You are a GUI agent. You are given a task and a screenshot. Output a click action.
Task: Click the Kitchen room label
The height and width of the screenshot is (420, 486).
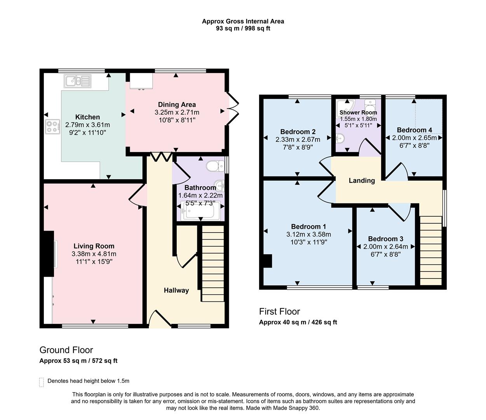pyautogui.click(x=87, y=117)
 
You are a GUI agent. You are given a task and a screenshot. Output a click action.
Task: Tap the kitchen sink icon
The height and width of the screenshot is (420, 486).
pyautogui.click(x=78, y=81)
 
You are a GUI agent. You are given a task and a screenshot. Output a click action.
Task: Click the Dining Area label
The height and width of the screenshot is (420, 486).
pyautogui.click(x=177, y=105)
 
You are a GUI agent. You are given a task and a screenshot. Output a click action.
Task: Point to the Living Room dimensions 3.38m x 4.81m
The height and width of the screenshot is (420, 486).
pyautogui.click(x=94, y=254)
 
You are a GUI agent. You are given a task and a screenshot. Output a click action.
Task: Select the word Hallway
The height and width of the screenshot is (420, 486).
pyautogui.click(x=176, y=290)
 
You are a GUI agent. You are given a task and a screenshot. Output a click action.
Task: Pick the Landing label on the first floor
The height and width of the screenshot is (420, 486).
pyautogui.click(x=362, y=180)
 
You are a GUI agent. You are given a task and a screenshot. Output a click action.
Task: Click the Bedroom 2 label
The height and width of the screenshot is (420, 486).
pyautogui.click(x=298, y=132)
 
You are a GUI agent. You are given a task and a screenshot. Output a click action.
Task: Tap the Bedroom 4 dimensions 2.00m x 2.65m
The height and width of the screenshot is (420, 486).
pyautogui.click(x=414, y=138)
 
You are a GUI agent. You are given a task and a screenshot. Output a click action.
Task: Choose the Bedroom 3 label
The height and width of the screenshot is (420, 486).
pyautogui.click(x=385, y=239)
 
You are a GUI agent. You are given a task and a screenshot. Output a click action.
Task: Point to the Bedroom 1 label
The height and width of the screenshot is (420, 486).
pyautogui.click(x=308, y=227)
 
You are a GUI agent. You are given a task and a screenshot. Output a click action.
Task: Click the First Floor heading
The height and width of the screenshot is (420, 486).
pyautogui.click(x=279, y=311)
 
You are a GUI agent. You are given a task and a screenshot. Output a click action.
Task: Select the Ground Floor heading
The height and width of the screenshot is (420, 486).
pyautogui.click(x=66, y=350)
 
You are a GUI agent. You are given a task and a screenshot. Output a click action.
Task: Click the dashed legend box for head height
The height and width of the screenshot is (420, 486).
pyautogui.click(x=42, y=382)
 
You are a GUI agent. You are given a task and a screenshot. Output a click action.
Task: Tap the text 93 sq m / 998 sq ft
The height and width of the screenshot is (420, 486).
pyautogui.click(x=243, y=28)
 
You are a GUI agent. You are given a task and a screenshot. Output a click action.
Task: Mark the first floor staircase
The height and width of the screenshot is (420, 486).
pyautogui.click(x=431, y=251)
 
